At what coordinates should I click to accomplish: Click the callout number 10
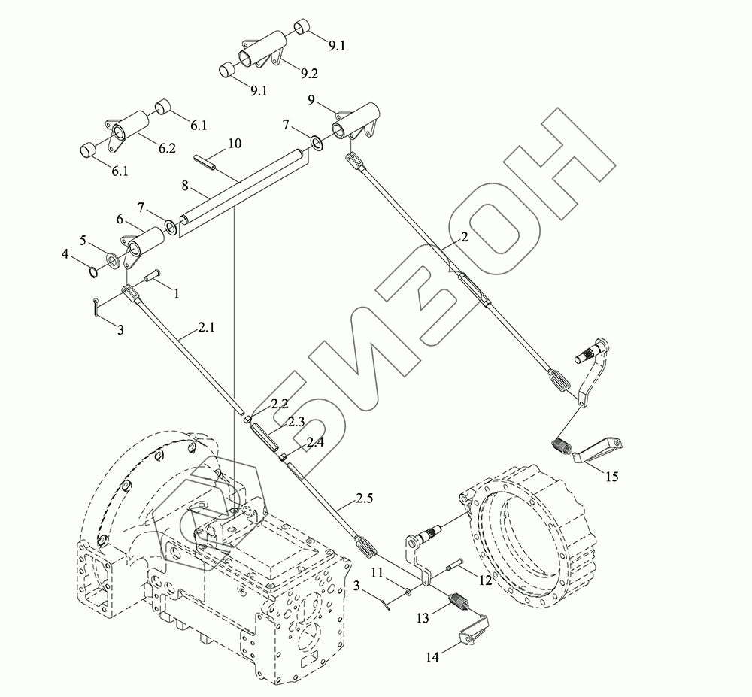click(x=235, y=143)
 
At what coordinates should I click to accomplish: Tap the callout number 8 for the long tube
click(x=185, y=186)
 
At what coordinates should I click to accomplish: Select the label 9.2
click(x=309, y=74)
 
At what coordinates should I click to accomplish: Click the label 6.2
click(x=167, y=148)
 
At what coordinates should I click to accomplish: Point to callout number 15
click(x=612, y=477)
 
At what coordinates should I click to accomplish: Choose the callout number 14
click(x=432, y=656)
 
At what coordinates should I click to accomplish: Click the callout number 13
click(x=423, y=618)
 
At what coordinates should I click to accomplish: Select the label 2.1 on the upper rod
click(x=206, y=327)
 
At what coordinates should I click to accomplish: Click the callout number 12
click(x=485, y=580)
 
